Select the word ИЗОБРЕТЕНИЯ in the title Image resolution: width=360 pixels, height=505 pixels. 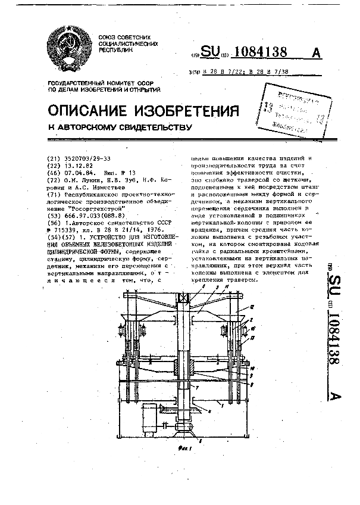click(192, 111)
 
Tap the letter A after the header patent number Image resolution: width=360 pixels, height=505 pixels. click(316, 53)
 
